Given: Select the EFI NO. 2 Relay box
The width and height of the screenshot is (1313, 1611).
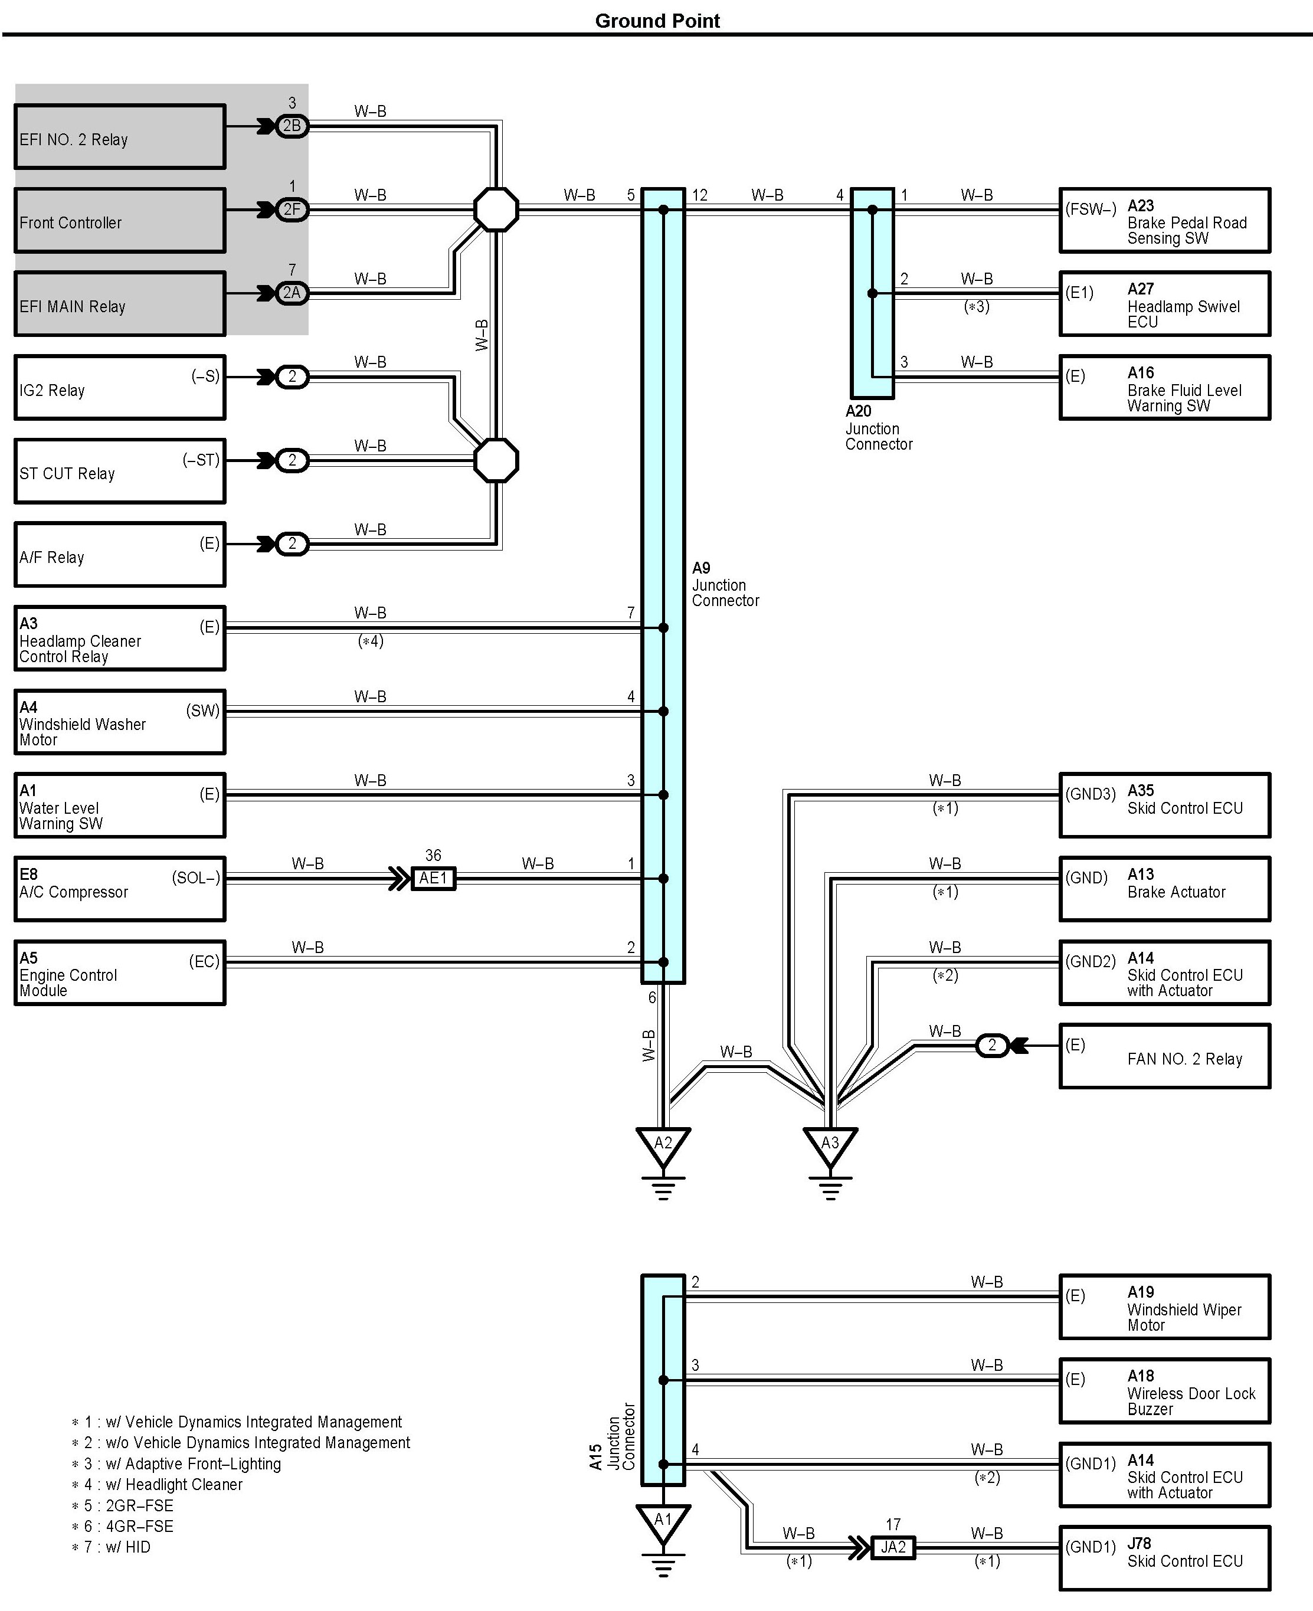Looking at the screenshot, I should pos(120,137).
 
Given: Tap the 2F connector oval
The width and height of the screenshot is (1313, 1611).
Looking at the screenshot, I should pos(292,209).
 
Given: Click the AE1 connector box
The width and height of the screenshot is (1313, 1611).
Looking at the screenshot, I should pos(433,878).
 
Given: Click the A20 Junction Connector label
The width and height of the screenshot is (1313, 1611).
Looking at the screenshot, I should pos(878,428).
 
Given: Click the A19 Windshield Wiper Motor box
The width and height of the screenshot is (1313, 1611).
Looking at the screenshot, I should pos(1164,1308).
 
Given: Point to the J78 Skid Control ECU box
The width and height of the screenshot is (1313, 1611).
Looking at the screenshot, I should pos(1164,1558).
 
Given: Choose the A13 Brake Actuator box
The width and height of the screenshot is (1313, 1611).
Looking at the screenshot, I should pos(1164,889).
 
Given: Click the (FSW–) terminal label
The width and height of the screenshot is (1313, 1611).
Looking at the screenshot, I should pos(1091,209).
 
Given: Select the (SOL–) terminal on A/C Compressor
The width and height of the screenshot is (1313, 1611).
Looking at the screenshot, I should pos(196,878).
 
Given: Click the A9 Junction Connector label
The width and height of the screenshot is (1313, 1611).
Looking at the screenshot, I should pos(725,585).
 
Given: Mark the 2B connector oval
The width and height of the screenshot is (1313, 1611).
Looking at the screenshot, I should pos(292,126).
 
